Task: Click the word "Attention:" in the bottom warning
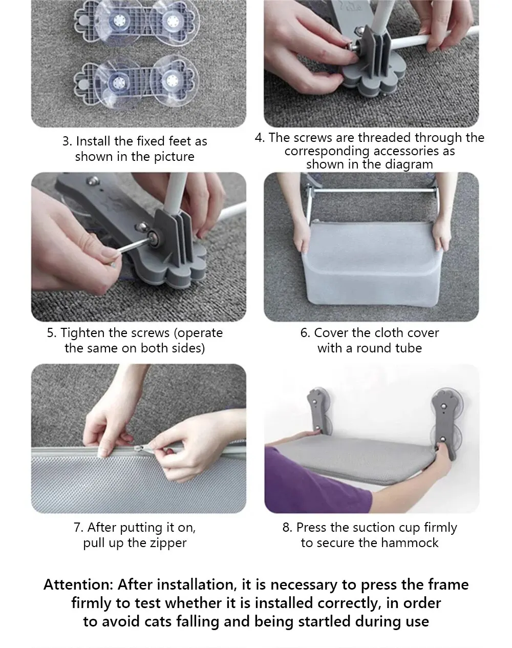pos(78,585)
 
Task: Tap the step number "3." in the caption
pos(67,141)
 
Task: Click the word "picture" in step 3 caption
pos(174,157)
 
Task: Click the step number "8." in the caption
pos(287,528)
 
